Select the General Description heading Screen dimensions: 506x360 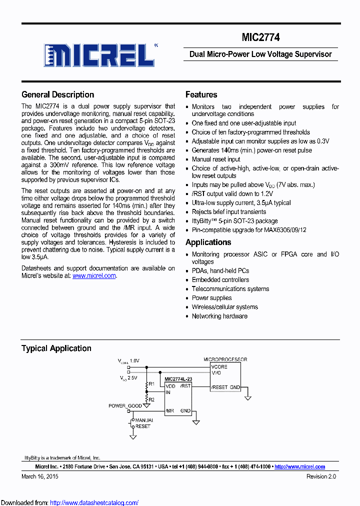click(57, 94)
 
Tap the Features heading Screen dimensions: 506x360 click(201, 94)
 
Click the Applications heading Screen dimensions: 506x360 click(208, 242)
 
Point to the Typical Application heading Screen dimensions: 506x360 click(56, 348)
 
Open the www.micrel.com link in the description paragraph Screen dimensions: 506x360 click(94, 275)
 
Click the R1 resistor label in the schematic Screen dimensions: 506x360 click(151, 383)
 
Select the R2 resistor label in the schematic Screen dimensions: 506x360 click(151, 399)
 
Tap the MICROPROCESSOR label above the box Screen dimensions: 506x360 click(225, 359)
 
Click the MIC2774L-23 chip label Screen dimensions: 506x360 click(178, 379)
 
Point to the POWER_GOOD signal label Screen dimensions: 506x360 click(125, 406)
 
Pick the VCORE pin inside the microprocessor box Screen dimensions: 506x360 click(219, 366)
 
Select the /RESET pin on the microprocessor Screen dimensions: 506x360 click(219, 387)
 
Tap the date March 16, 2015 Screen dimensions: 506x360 click(40, 476)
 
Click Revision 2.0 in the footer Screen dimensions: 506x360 click(321, 476)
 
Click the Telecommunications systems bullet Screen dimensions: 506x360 click(230, 289)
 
